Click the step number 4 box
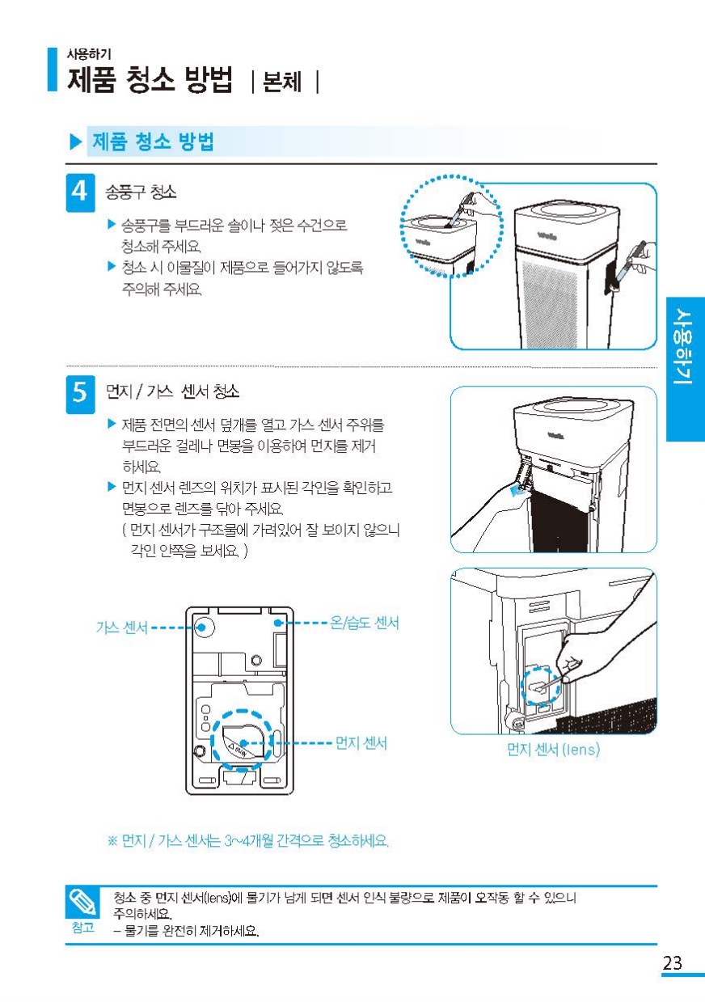(x=81, y=192)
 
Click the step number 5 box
(x=81, y=394)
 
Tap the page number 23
(x=673, y=962)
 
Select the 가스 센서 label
(x=121, y=628)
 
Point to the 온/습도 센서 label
(x=364, y=623)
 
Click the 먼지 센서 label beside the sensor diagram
(x=361, y=743)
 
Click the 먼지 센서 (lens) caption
(x=553, y=749)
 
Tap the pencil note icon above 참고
(x=82, y=902)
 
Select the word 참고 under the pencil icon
(x=83, y=928)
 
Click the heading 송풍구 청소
(x=141, y=192)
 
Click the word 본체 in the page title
(x=282, y=82)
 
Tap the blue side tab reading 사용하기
(x=686, y=369)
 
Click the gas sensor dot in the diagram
(x=202, y=627)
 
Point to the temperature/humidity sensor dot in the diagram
(x=278, y=623)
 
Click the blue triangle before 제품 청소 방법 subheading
(x=76, y=142)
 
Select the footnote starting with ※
(x=248, y=841)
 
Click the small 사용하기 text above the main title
(x=89, y=54)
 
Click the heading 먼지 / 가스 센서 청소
(x=172, y=391)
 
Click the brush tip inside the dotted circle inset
(x=448, y=226)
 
